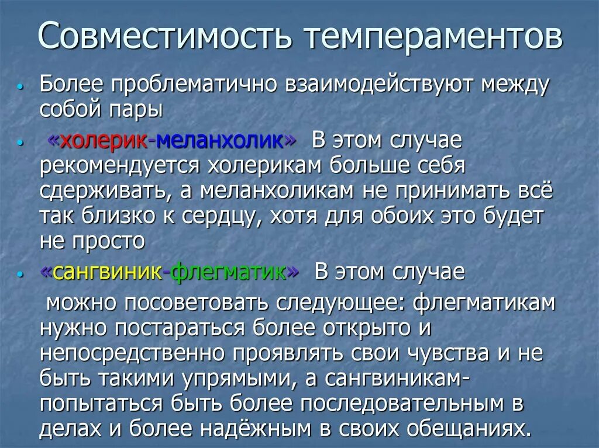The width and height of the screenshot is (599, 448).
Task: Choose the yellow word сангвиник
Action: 108,272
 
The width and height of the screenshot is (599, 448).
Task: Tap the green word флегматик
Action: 230,272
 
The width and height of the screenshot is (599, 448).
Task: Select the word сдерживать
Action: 113,192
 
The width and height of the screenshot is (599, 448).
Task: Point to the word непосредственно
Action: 132,353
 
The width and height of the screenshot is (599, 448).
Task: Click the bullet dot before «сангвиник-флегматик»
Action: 21,274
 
